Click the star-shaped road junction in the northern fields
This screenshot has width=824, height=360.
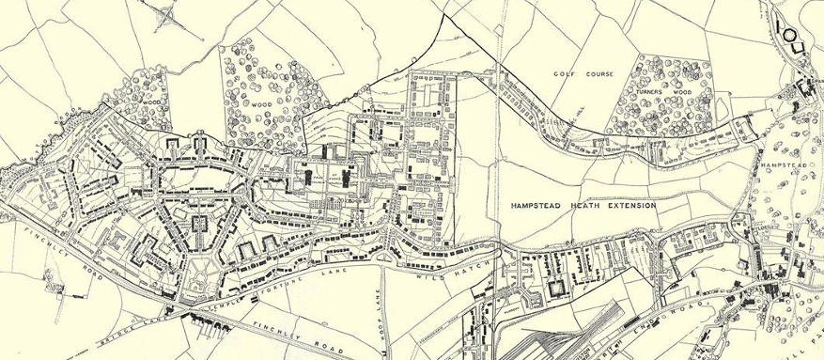pyautogui.click(x=169, y=15)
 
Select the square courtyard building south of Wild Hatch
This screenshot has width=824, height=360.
pyautogui.click(x=555, y=287)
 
